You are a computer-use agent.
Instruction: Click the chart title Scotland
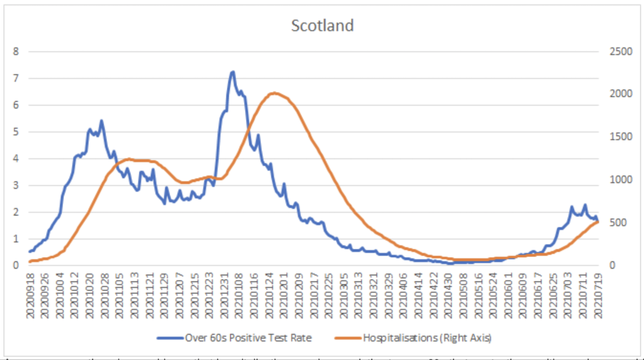pos(322,26)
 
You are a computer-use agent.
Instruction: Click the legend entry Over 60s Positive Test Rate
pos(248,338)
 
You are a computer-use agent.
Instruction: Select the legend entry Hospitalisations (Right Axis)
pos(427,338)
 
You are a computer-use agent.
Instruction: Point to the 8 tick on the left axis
pos(16,51)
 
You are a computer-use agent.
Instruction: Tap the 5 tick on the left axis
pos(16,132)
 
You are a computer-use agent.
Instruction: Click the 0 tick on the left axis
pos(16,265)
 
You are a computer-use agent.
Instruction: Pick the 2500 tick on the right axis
pos(621,51)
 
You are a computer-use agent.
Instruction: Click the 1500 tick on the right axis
pos(621,137)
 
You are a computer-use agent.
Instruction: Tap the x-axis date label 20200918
pos(30,296)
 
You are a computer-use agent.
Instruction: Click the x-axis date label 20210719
pos(598,296)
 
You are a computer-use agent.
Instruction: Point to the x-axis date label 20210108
pos(239,296)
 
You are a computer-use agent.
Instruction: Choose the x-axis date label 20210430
pos(448,296)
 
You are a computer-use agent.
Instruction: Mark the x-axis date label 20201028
pos(105,296)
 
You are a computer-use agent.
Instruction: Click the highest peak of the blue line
pos(233,72)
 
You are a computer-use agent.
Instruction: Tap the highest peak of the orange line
pos(274,93)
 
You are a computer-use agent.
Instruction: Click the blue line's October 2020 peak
pos(101,121)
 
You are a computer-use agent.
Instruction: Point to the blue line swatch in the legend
pos(170,338)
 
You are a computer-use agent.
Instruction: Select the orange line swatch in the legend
pos(348,338)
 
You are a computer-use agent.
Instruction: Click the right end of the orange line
pos(598,222)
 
